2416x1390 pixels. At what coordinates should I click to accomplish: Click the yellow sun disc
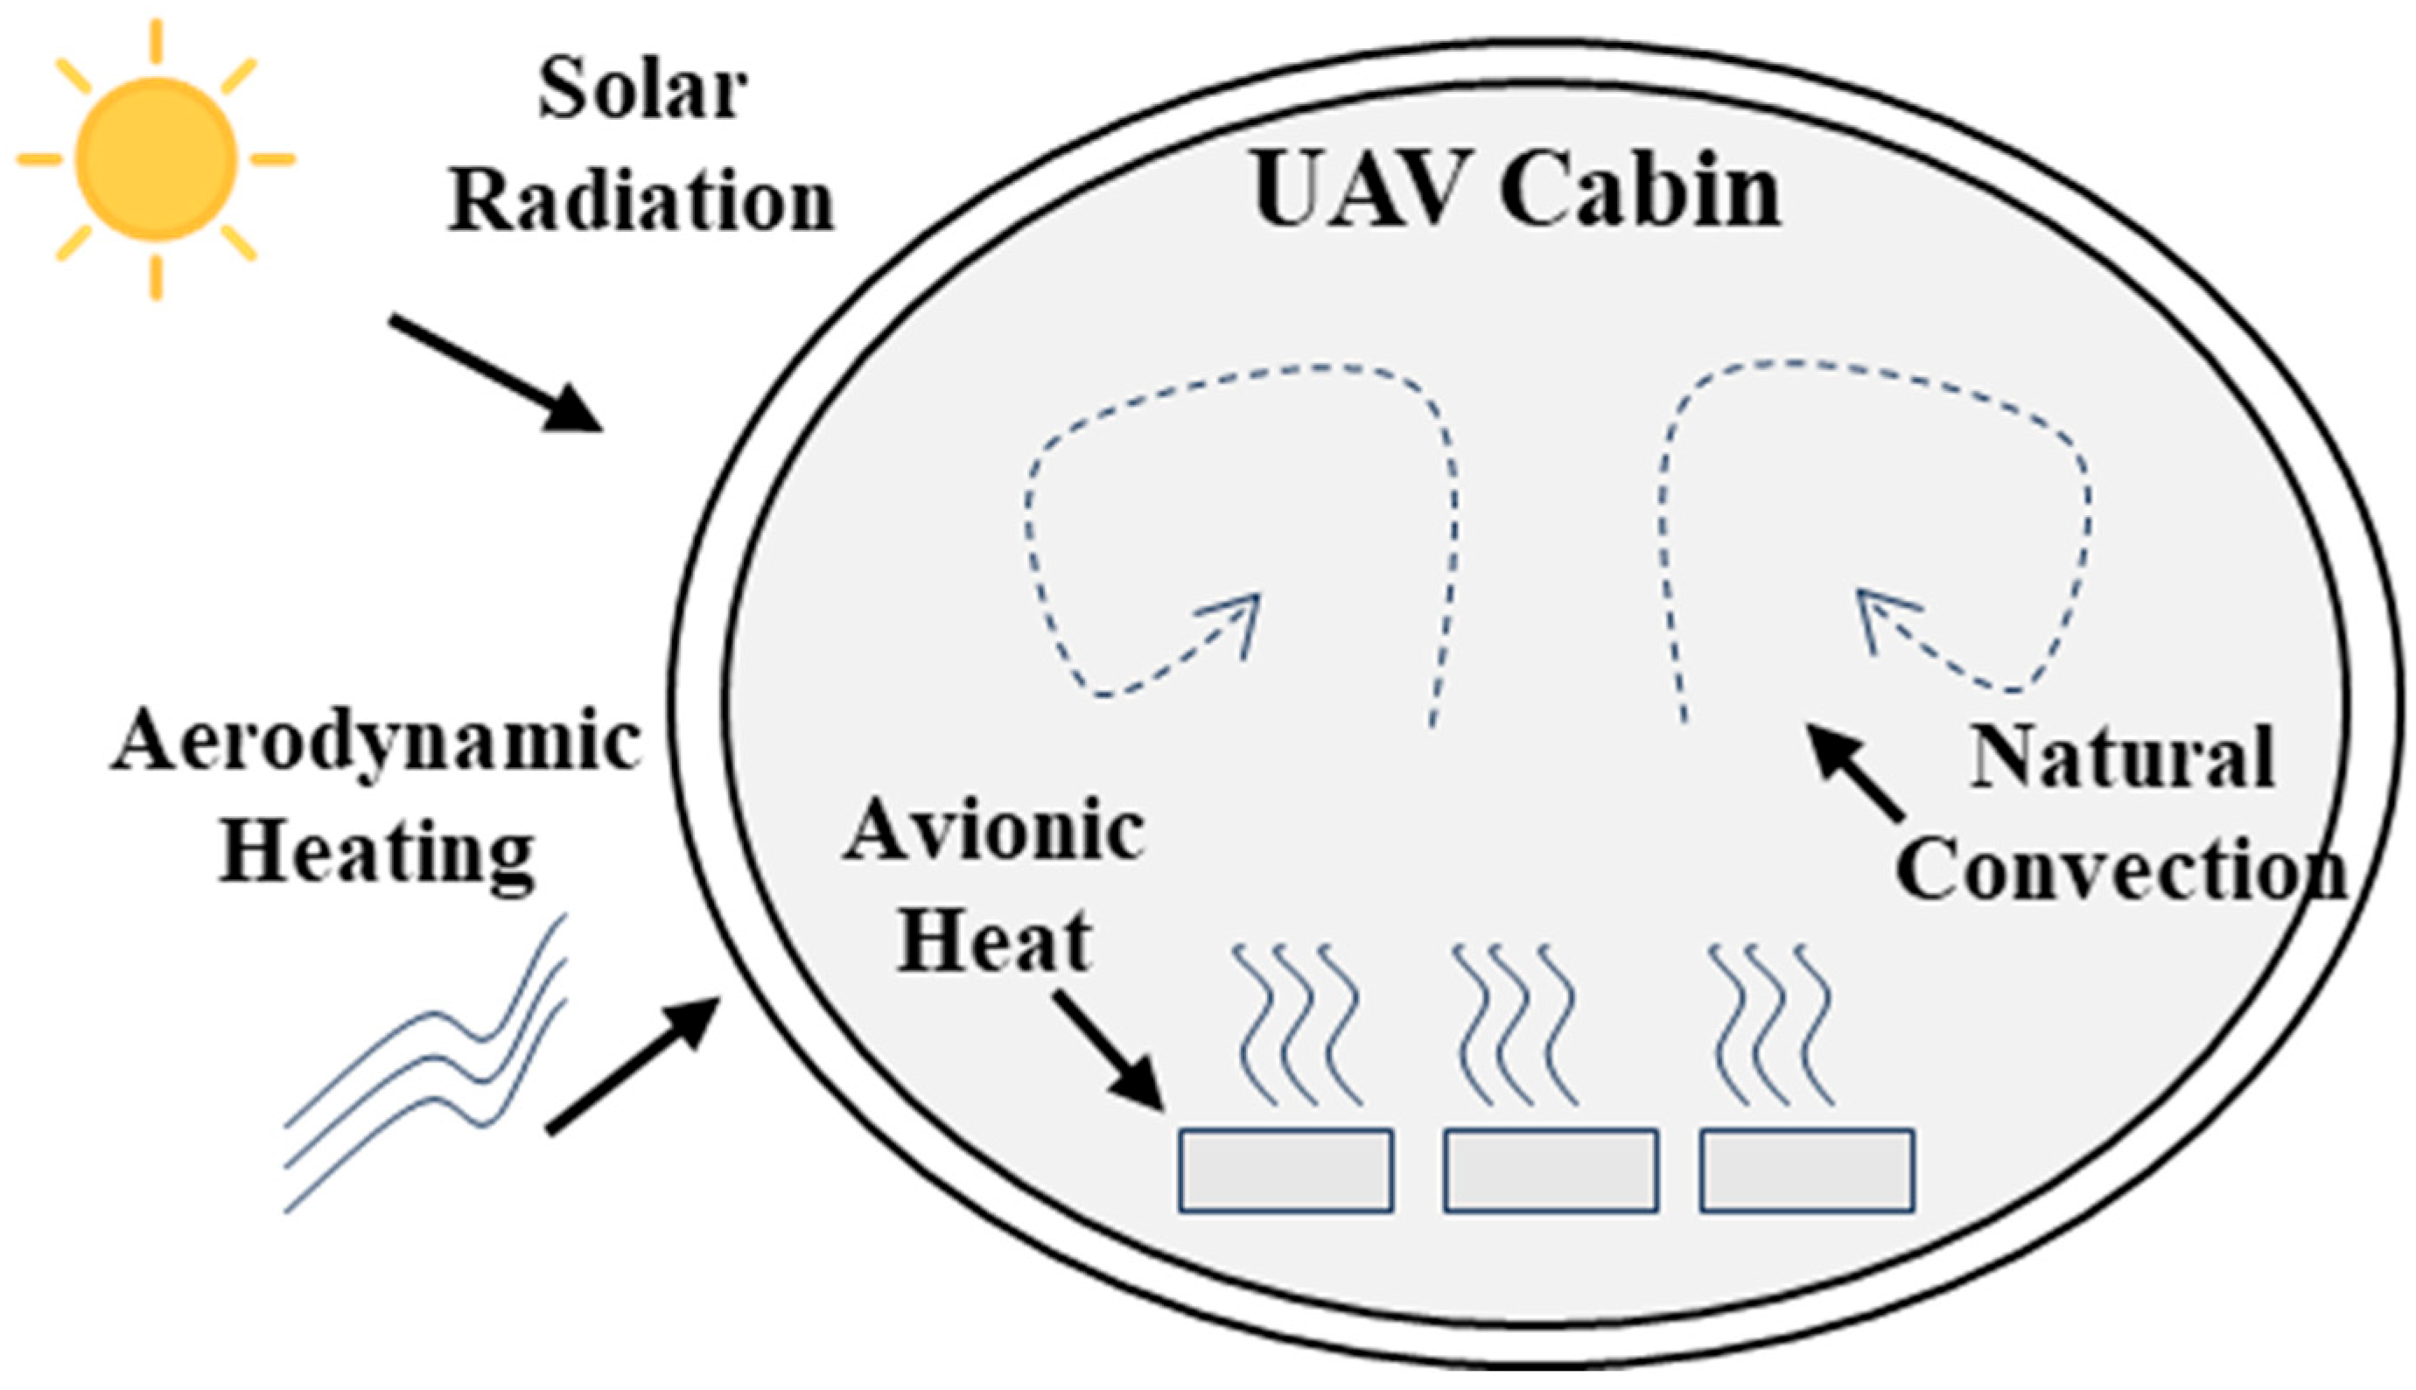[x=157, y=158]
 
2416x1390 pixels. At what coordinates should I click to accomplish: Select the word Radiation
[x=641, y=202]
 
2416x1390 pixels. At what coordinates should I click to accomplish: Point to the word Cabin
[x=1640, y=190]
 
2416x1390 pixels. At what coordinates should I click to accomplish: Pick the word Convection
[x=2122, y=870]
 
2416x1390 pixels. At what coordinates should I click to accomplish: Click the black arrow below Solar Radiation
[x=496, y=374]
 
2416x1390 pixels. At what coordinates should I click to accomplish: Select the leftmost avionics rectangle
[x=1285, y=1170]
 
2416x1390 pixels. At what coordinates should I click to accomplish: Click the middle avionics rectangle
[x=1550, y=1170]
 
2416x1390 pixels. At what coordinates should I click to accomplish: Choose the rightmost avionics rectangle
[x=1807, y=1170]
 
